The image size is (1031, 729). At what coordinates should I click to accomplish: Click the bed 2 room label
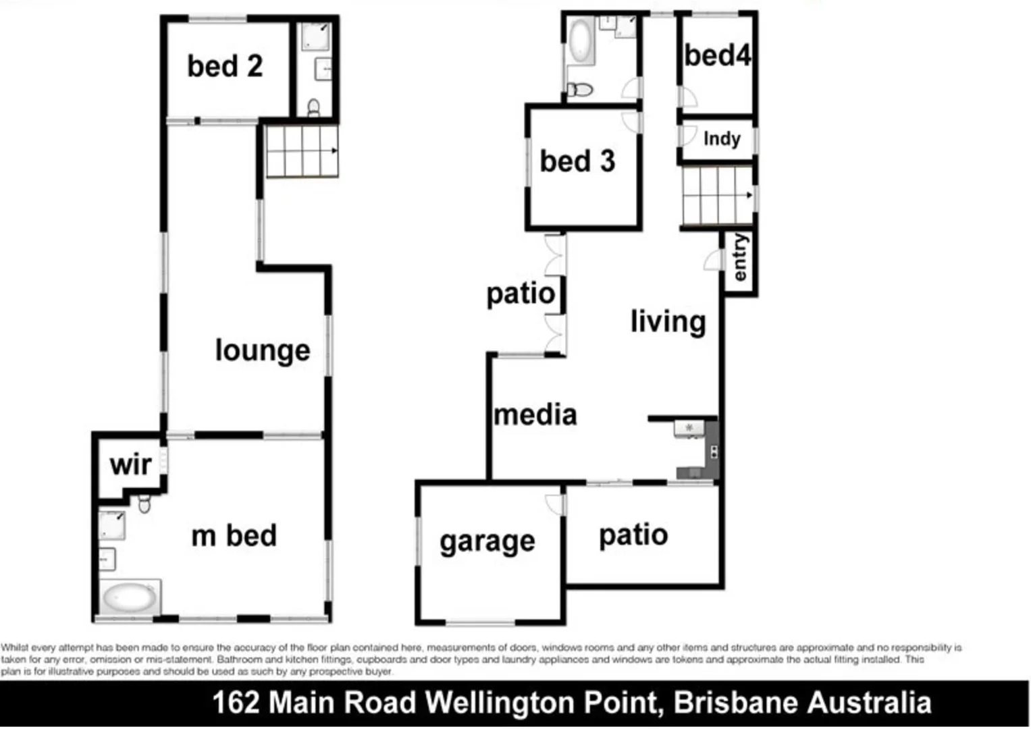[225, 66]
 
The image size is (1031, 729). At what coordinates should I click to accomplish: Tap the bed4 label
[717, 55]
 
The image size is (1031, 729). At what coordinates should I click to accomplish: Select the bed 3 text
[577, 161]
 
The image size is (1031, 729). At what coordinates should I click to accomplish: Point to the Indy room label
[722, 138]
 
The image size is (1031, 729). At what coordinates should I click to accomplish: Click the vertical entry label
[741, 258]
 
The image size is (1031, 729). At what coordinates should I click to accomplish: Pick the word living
[668, 321]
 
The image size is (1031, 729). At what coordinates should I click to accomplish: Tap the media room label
[535, 414]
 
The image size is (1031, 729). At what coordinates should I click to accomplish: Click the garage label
[487, 541]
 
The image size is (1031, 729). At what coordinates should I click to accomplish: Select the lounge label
[263, 350]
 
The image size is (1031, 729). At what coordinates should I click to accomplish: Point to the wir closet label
[130, 464]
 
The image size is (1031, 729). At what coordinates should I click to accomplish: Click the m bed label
[234, 536]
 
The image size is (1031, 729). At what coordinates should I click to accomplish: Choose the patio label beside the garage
[633, 535]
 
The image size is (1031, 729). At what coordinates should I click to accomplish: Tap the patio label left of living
[521, 294]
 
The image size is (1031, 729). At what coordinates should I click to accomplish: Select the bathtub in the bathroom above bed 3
[580, 40]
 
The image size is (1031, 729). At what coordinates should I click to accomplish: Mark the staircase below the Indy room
[717, 196]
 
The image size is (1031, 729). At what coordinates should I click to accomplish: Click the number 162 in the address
[236, 703]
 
